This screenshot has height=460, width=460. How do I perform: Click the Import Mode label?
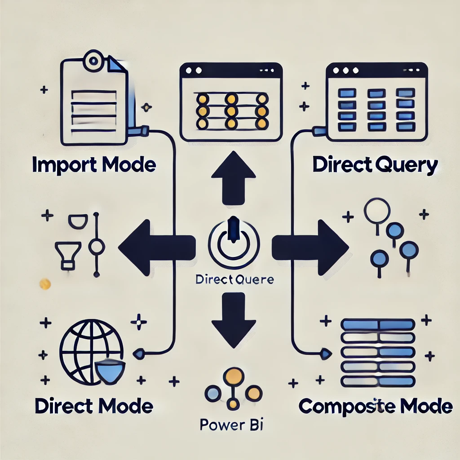tap(94, 165)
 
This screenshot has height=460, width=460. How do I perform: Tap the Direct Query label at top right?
tap(375, 166)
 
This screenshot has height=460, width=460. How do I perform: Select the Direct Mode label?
tap(94, 406)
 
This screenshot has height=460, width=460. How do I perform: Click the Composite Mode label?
tap(375, 406)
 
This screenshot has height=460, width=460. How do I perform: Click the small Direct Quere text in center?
tap(234, 280)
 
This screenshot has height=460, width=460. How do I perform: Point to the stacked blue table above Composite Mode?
tap(377, 353)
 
